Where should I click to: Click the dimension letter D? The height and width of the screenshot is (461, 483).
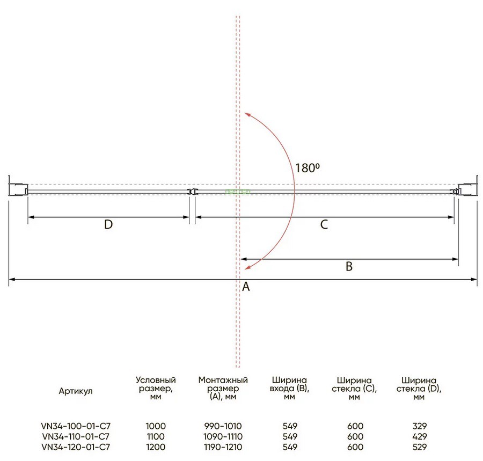pyautogui.click(x=108, y=224)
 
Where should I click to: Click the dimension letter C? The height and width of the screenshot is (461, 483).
pyautogui.click(x=324, y=224)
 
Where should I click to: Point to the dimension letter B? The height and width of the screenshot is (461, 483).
pyautogui.click(x=349, y=266)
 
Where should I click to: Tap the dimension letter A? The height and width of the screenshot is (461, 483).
pyautogui.click(x=246, y=287)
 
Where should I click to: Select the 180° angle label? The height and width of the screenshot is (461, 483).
pyautogui.click(x=308, y=168)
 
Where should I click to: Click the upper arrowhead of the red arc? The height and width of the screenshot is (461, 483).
pyautogui.click(x=247, y=115)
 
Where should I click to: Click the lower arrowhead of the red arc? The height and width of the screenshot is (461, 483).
pyautogui.click(x=247, y=267)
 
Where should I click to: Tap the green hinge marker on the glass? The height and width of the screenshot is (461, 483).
pyautogui.click(x=238, y=192)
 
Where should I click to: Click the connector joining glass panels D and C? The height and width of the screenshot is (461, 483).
pyautogui.click(x=192, y=192)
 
